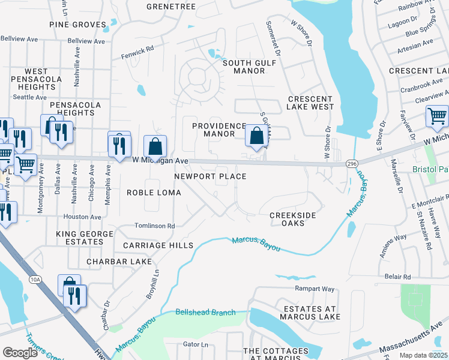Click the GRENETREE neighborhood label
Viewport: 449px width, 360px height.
click(x=171, y=7)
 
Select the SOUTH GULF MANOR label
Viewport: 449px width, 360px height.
click(x=244, y=67)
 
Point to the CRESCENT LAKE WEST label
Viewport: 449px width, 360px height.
click(x=310, y=103)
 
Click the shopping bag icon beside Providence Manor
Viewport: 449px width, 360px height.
click(x=256, y=136)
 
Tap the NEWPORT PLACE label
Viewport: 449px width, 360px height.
click(x=210, y=176)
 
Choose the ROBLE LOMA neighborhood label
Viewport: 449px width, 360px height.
click(x=149, y=192)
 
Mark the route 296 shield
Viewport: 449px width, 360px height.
click(x=352, y=163)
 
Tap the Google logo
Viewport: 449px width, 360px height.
click(x=20, y=353)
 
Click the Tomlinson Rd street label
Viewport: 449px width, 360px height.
click(x=154, y=226)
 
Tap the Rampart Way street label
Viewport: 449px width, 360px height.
click(x=314, y=289)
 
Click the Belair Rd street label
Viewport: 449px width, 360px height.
click(x=398, y=277)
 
